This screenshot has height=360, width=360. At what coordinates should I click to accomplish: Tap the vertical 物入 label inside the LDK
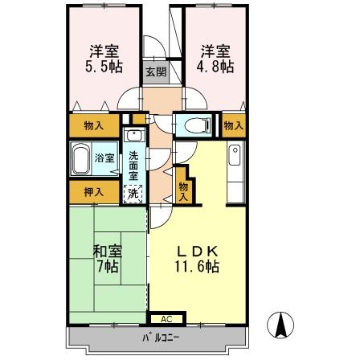pos(182,190)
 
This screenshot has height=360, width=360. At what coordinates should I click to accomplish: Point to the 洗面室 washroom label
pos(134,164)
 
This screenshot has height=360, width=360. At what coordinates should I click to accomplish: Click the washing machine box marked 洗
pos(133,192)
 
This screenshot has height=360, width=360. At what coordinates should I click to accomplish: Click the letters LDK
pos(197,250)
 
